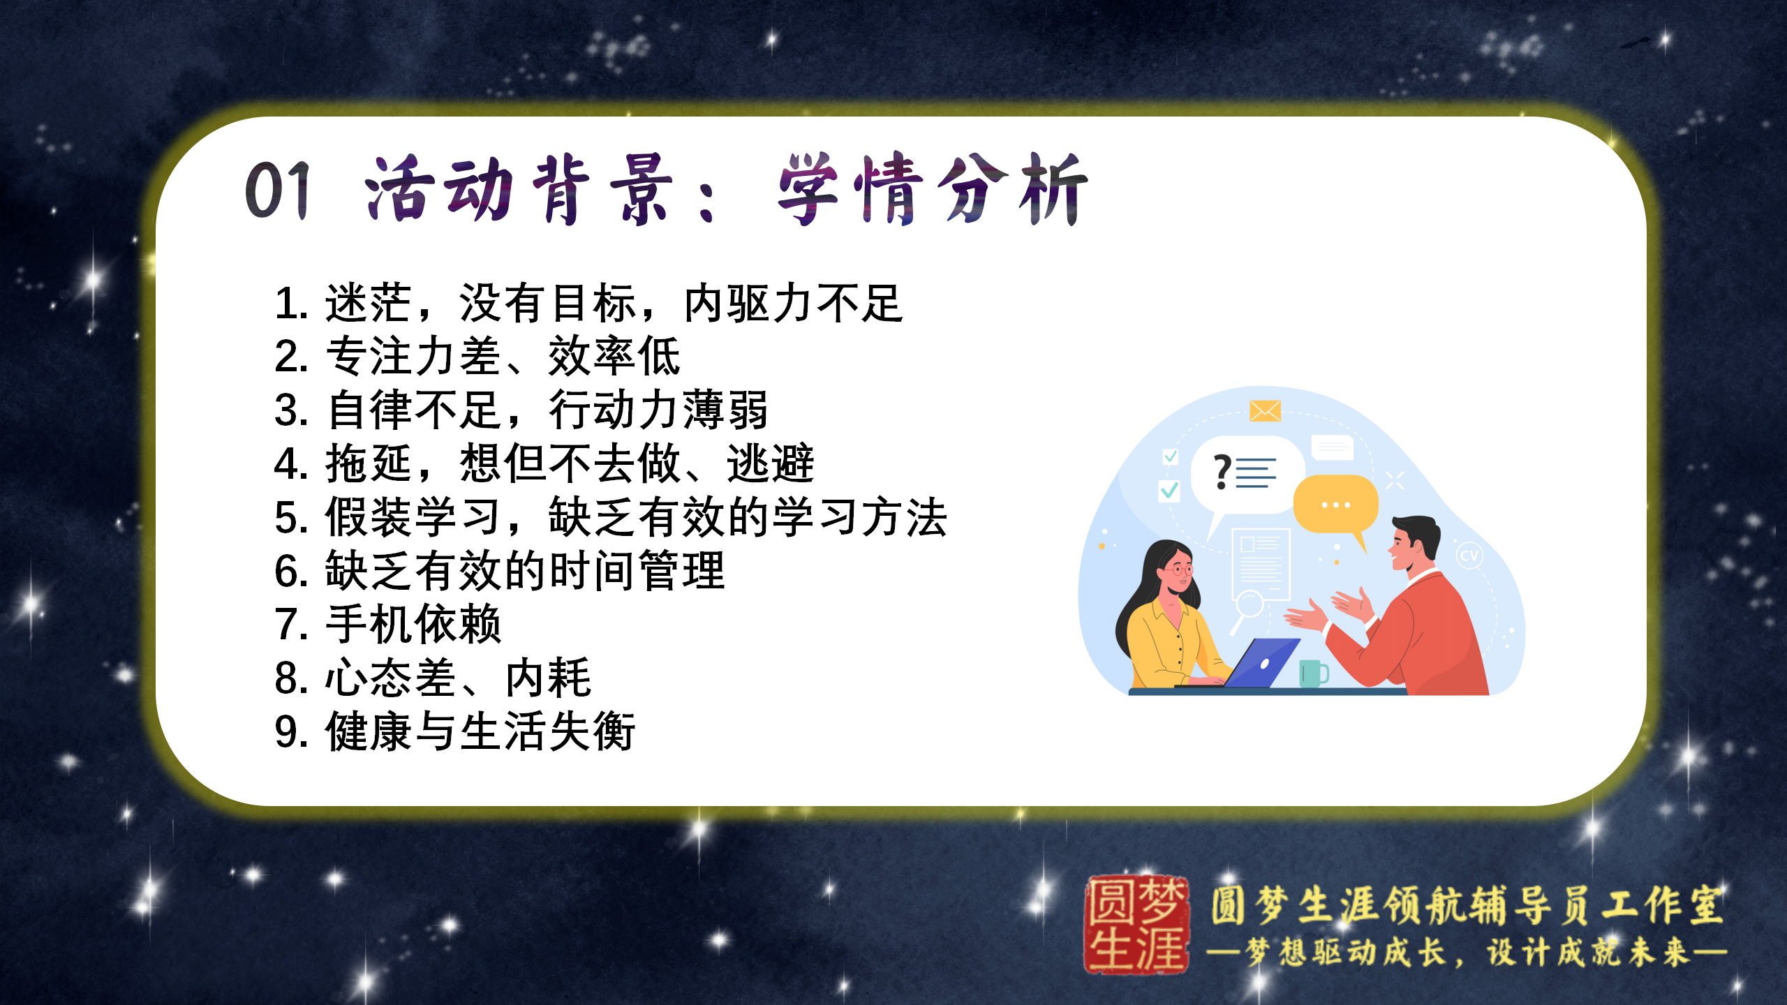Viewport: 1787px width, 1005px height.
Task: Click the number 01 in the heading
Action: click(x=277, y=190)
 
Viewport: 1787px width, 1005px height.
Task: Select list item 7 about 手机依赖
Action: click(x=387, y=624)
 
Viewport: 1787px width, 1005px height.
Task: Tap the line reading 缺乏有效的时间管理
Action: click(x=500, y=571)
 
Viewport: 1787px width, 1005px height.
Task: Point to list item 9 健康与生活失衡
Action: click(x=454, y=731)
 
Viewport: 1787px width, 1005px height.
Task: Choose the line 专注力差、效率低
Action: click(x=477, y=356)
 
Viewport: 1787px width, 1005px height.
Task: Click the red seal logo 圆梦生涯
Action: click(x=1136, y=925)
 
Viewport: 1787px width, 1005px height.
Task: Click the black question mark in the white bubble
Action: click(x=1222, y=472)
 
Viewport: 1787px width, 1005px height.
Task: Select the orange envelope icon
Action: click(x=1265, y=411)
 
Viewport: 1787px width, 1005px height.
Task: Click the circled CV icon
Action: click(x=1469, y=556)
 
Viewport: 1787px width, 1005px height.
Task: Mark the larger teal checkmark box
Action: click(x=1169, y=491)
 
